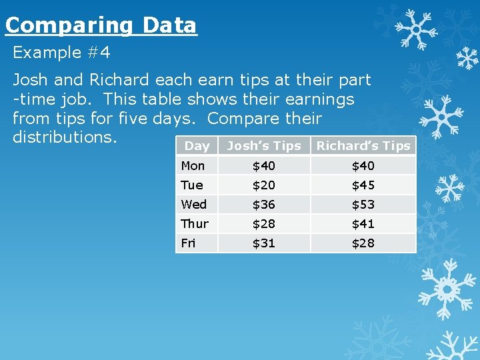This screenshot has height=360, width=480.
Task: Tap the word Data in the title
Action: tap(169, 26)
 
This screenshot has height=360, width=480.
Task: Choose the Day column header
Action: tap(197, 146)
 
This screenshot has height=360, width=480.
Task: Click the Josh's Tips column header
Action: tap(264, 146)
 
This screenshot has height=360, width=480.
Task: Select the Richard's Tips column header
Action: tap(363, 146)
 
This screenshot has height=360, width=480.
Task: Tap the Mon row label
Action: tap(193, 165)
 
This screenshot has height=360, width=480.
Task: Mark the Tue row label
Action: tap(191, 185)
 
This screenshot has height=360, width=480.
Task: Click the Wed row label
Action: tap(193, 204)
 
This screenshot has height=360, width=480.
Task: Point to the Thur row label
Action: tap(195, 223)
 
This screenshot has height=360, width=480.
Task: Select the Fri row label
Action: tap(188, 243)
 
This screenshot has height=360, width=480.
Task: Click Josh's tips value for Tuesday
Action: tap(263, 185)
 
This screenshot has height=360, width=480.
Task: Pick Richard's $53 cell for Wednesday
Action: tap(363, 204)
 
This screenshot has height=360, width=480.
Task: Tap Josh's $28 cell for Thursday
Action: tap(263, 223)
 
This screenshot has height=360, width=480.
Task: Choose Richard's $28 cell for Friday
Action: tap(363, 243)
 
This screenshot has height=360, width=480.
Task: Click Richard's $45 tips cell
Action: tap(363, 185)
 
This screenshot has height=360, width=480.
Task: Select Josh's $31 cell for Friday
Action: tap(263, 243)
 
